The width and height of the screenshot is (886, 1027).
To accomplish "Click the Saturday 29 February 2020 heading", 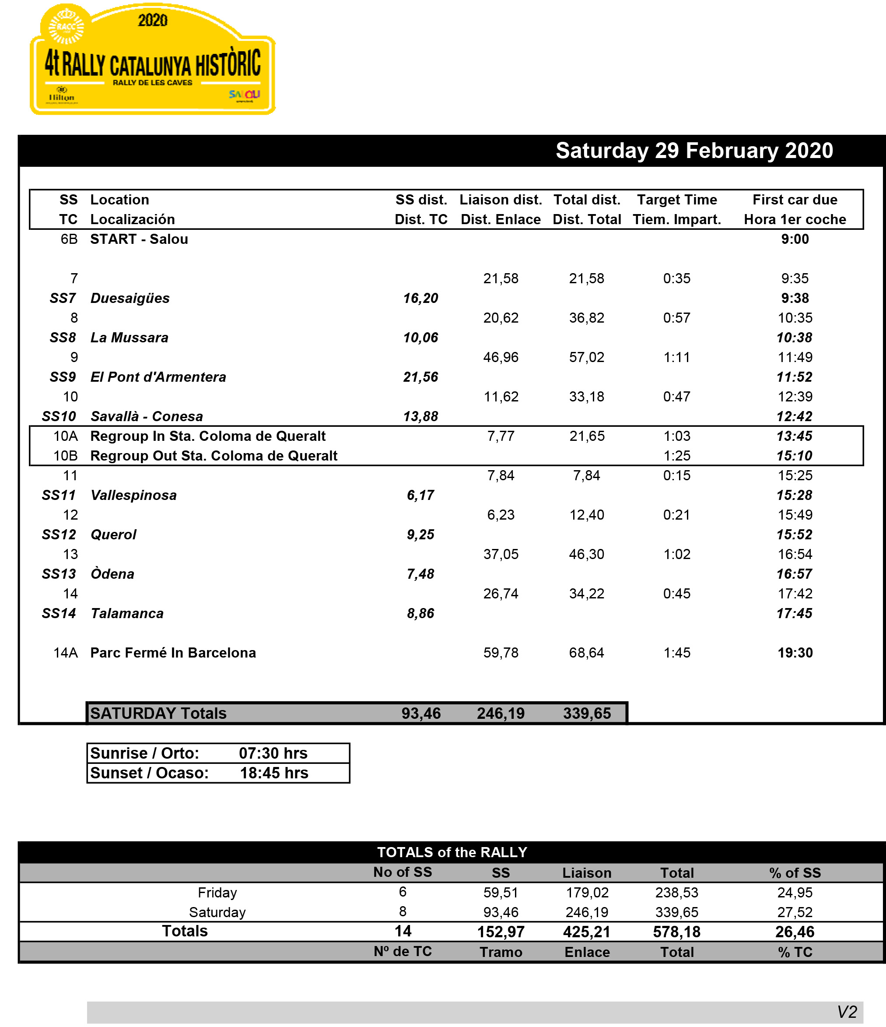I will pyautogui.click(x=694, y=151).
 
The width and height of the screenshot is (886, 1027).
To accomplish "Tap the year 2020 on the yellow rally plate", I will pyautogui.click(x=153, y=20).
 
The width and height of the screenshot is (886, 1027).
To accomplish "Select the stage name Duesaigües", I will pyautogui.click(x=130, y=299).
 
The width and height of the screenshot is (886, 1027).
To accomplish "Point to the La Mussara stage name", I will pyautogui.click(x=130, y=338).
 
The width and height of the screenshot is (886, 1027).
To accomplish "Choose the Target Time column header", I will pyautogui.click(x=677, y=200).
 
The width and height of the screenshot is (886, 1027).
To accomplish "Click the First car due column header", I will pyautogui.click(x=795, y=200).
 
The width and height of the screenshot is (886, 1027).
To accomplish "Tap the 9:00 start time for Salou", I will pyautogui.click(x=795, y=239).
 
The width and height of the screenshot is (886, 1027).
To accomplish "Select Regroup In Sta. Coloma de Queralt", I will pyautogui.click(x=208, y=436).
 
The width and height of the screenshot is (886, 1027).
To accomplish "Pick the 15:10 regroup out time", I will pyautogui.click(x=794, y=456).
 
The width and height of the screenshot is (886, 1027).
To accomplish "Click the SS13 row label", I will pyautogui.click(x=59, y=574).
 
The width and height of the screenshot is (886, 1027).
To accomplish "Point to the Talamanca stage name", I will pyautogui.click(x=127, y=614).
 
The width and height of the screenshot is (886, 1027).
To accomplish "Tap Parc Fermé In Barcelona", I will pyautogui.click(x=173, y=653).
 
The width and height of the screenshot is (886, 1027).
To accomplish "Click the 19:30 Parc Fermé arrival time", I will pyautogui.click(x=795, y=653).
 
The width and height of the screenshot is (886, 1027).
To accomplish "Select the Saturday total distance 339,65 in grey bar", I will pyautogui.click(x=587, y=713).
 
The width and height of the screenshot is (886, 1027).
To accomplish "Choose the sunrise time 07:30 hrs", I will pyautogui.click(x=273, y=753).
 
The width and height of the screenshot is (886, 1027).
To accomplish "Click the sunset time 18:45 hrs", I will pyautogui.click(x=274, y=773).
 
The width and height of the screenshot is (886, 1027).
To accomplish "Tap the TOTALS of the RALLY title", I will pyautogui.click(x=452, y=852).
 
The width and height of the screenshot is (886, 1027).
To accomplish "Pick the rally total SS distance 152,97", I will pyautogui.click(x=501, y=932).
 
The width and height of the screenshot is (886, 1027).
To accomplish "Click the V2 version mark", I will pyautogui.click(x=847, y=1012).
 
